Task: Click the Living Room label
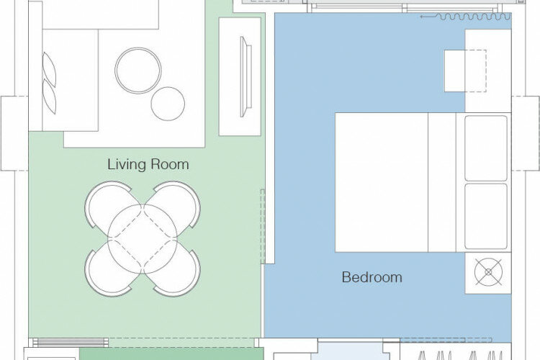pyautogui.click(x=148, y=164)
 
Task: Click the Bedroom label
pyautogui.click(x=372, y=277)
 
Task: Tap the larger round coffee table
pyautogui.click(x=138, y=71)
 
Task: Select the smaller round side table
pyautogui.click(x=168, y=104)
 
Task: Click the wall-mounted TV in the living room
pyautogui.click(x=246, y=76)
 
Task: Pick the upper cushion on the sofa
pyautogui.click(x=49, y=69)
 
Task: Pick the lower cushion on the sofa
pyautogui.click(x=49, y=96)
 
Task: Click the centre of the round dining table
pyautogui.click(x=143, y=239)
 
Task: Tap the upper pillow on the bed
pyautogui.click(x=486, y=148)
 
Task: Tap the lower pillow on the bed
pyautogui.click(x=486, y=216)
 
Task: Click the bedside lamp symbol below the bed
pyautogui.click(x=488, y=272)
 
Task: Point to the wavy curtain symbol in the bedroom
pyautogui.click(x=473, y=17)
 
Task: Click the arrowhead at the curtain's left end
pyautogui.click(x=421, y=17)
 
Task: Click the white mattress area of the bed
pyautogui.click(x=382, y=182)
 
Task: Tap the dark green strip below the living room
pyautogui.click(x=171, y=354)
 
